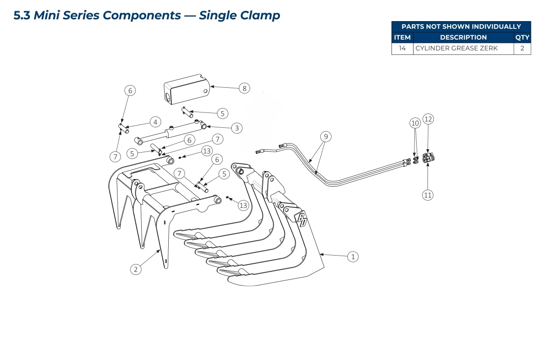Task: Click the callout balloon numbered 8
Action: pos(244,88)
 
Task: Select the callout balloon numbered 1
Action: pos(353,256)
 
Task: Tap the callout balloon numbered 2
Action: pos(135,269)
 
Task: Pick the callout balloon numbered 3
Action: pos(237,128)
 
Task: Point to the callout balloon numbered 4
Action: pos(155,121)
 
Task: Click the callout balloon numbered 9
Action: pos(326,136)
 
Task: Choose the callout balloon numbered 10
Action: pos(415,122)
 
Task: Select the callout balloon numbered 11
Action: pos(427,195)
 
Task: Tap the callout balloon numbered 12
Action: pos(428,119)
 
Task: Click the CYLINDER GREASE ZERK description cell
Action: pos(456,49)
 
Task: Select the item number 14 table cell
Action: pos(402,49)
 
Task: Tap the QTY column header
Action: pos(522,38)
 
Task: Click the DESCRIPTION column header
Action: pos(463,38)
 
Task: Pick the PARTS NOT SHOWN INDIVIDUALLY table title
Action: pos(461,27)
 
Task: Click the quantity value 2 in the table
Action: pos(522,49)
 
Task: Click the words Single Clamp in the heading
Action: pos(239,15)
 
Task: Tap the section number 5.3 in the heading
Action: pos(22,15)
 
